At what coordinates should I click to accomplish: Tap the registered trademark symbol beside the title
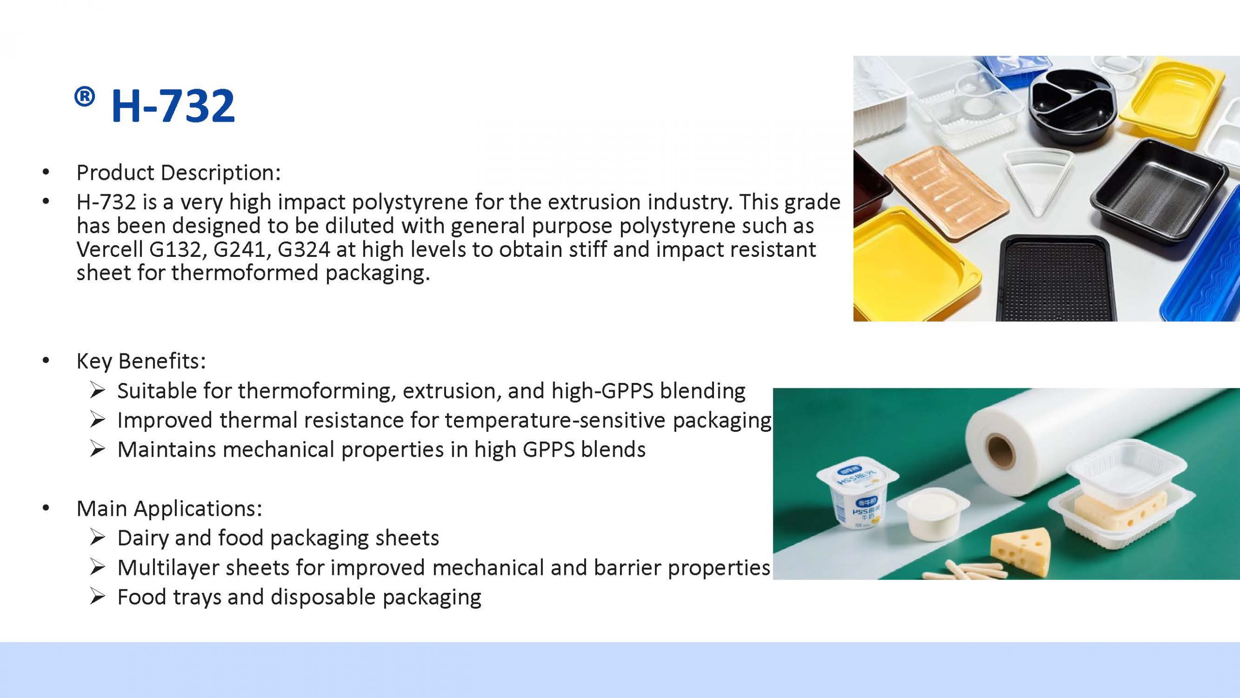pos(84,97)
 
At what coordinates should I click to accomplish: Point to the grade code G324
pos(304,250)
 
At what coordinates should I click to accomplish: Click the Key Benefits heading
pos(141,361)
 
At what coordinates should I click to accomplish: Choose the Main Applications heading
pos(169,508)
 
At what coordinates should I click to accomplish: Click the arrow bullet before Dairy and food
pos(97,538)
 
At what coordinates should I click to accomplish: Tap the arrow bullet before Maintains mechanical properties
pos(97,449)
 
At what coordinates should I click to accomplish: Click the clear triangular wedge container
pos(1037,184)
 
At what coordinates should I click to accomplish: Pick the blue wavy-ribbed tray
pos(1206,271)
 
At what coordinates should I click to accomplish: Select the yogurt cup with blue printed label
pos(857,494)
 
